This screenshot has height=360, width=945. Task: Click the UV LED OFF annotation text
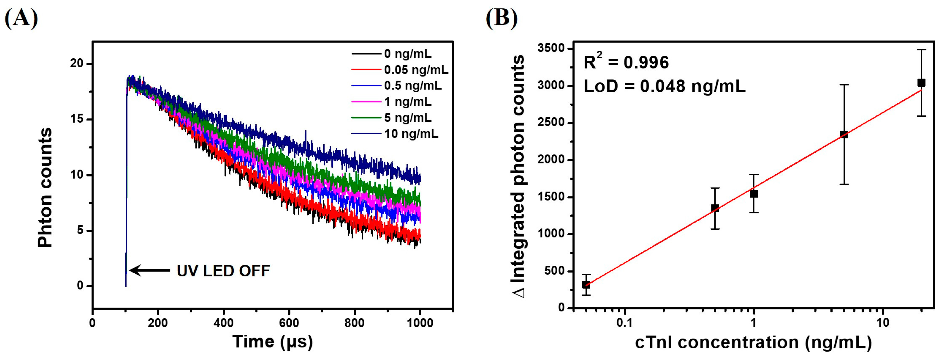click(223, 271)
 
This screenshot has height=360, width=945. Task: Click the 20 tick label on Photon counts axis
click(77, 63)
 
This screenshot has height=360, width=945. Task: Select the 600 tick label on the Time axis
click(289, 323)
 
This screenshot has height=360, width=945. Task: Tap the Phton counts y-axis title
click(45, 187)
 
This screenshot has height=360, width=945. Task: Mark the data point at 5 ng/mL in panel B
click(844, 134)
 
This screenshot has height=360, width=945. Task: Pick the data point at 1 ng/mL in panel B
click(754, 194)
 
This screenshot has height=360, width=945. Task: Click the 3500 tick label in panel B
click(551, 48)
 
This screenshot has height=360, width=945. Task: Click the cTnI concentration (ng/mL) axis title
click(753, 342)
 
